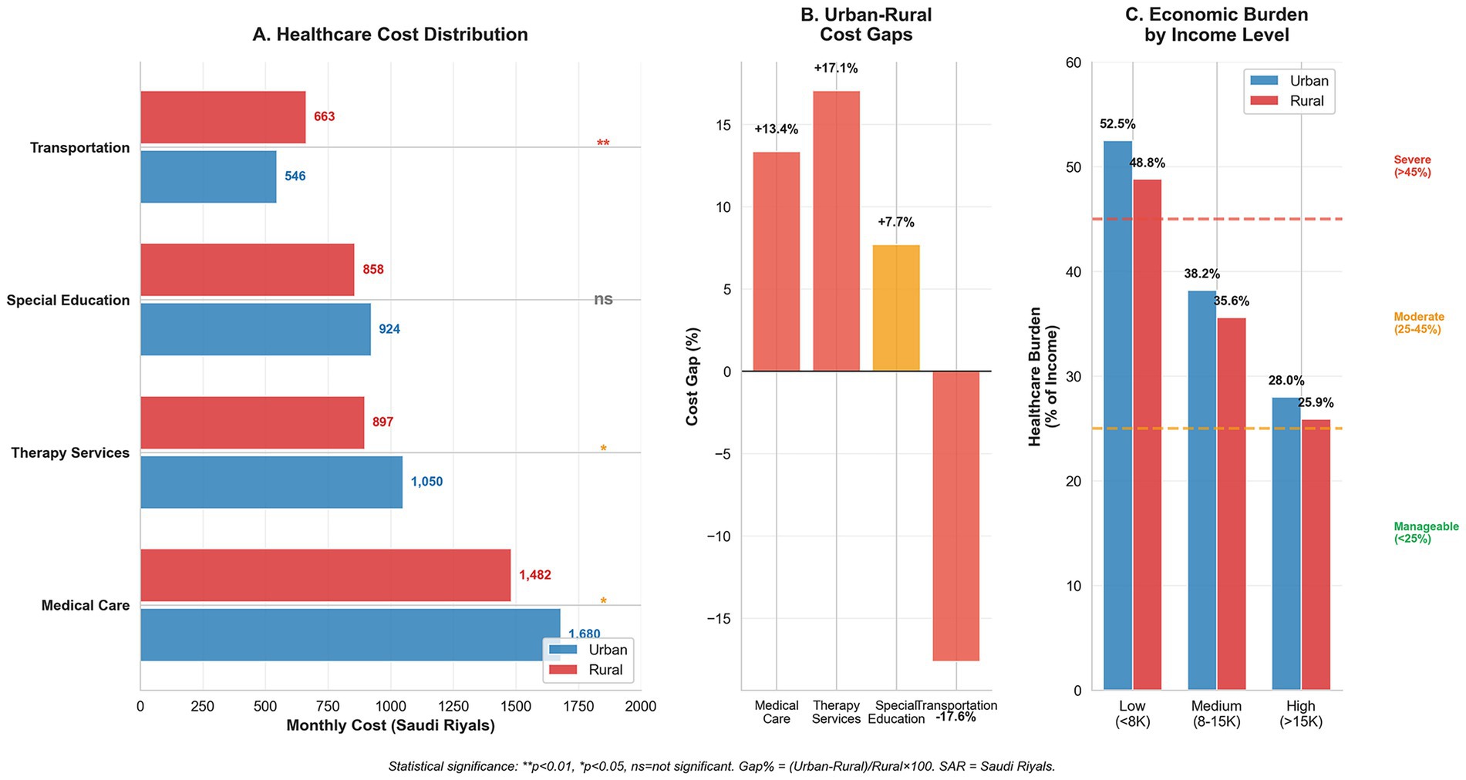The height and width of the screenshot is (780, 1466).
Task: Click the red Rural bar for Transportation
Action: tap(223, 117)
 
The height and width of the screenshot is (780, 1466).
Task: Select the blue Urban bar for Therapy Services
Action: tap(271, 482)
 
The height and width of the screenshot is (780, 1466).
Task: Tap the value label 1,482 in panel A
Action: tap(534, 575)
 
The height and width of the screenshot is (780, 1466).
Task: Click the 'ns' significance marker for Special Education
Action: tap(603, 299)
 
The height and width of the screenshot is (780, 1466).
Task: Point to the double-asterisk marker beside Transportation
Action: tap(603, 144)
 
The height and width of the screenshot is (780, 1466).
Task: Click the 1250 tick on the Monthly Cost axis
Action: tap(453, 707)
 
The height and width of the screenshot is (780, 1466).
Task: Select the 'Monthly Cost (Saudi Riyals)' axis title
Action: tap(390, 726)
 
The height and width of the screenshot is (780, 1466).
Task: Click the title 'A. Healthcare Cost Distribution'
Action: tap(390, 35)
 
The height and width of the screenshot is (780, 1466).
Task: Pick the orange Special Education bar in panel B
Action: tap(896, 308)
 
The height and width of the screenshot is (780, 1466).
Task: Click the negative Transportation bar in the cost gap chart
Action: tap(955, 516)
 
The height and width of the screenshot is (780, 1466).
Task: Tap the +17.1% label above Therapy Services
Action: tap(836, 69)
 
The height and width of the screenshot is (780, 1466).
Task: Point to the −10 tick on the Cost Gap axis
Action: tap(722, 536)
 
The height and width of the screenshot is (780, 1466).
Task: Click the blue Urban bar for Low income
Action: tap(1117, 415)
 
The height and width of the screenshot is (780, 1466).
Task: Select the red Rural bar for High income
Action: tap(1316, 555)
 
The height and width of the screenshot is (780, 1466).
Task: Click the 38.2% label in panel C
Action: tap(1203, 274)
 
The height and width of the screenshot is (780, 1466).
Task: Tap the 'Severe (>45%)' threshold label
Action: tap(1412, 166)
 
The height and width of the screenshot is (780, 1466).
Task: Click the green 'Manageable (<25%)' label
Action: tap(1426, 533)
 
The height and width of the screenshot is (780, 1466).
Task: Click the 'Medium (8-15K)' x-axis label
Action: tap(1216, 714)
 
